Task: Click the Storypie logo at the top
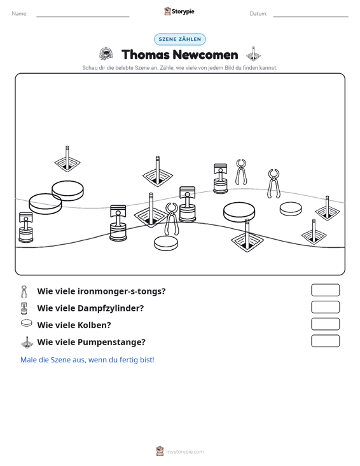(179, 11)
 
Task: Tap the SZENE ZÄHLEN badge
(180, 39)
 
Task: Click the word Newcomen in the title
(205, 55)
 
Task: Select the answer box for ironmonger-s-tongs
(325, 290)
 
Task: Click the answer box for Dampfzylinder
(325, 307)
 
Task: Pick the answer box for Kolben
(325, 324)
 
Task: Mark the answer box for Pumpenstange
(325, 341)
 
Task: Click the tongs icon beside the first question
(24, 292)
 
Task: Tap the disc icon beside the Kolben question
(27, 323)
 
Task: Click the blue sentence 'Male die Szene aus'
(87, 360)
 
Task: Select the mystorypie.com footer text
(185, 452)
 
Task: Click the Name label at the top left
(20, 14)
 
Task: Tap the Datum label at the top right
(258, 14)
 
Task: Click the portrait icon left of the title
(106, 54)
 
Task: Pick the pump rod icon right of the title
(253, 54)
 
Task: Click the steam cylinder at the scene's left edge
(26, 228)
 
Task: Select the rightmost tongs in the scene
(273, 184)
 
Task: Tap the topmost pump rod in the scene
(67, 159)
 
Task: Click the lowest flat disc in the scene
(166, 243)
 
